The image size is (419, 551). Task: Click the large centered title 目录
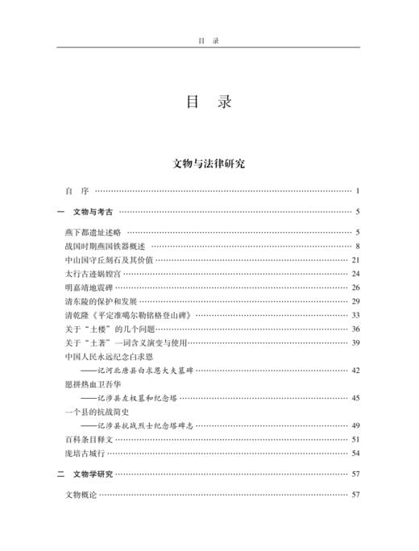click(x=209, y=104)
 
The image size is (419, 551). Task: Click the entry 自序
click(x=77, y=191)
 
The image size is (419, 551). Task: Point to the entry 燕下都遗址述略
click(x=93, y=233)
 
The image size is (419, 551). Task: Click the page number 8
click(x=356, y=246)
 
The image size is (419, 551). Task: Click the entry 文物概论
click(x=81, y=495)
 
